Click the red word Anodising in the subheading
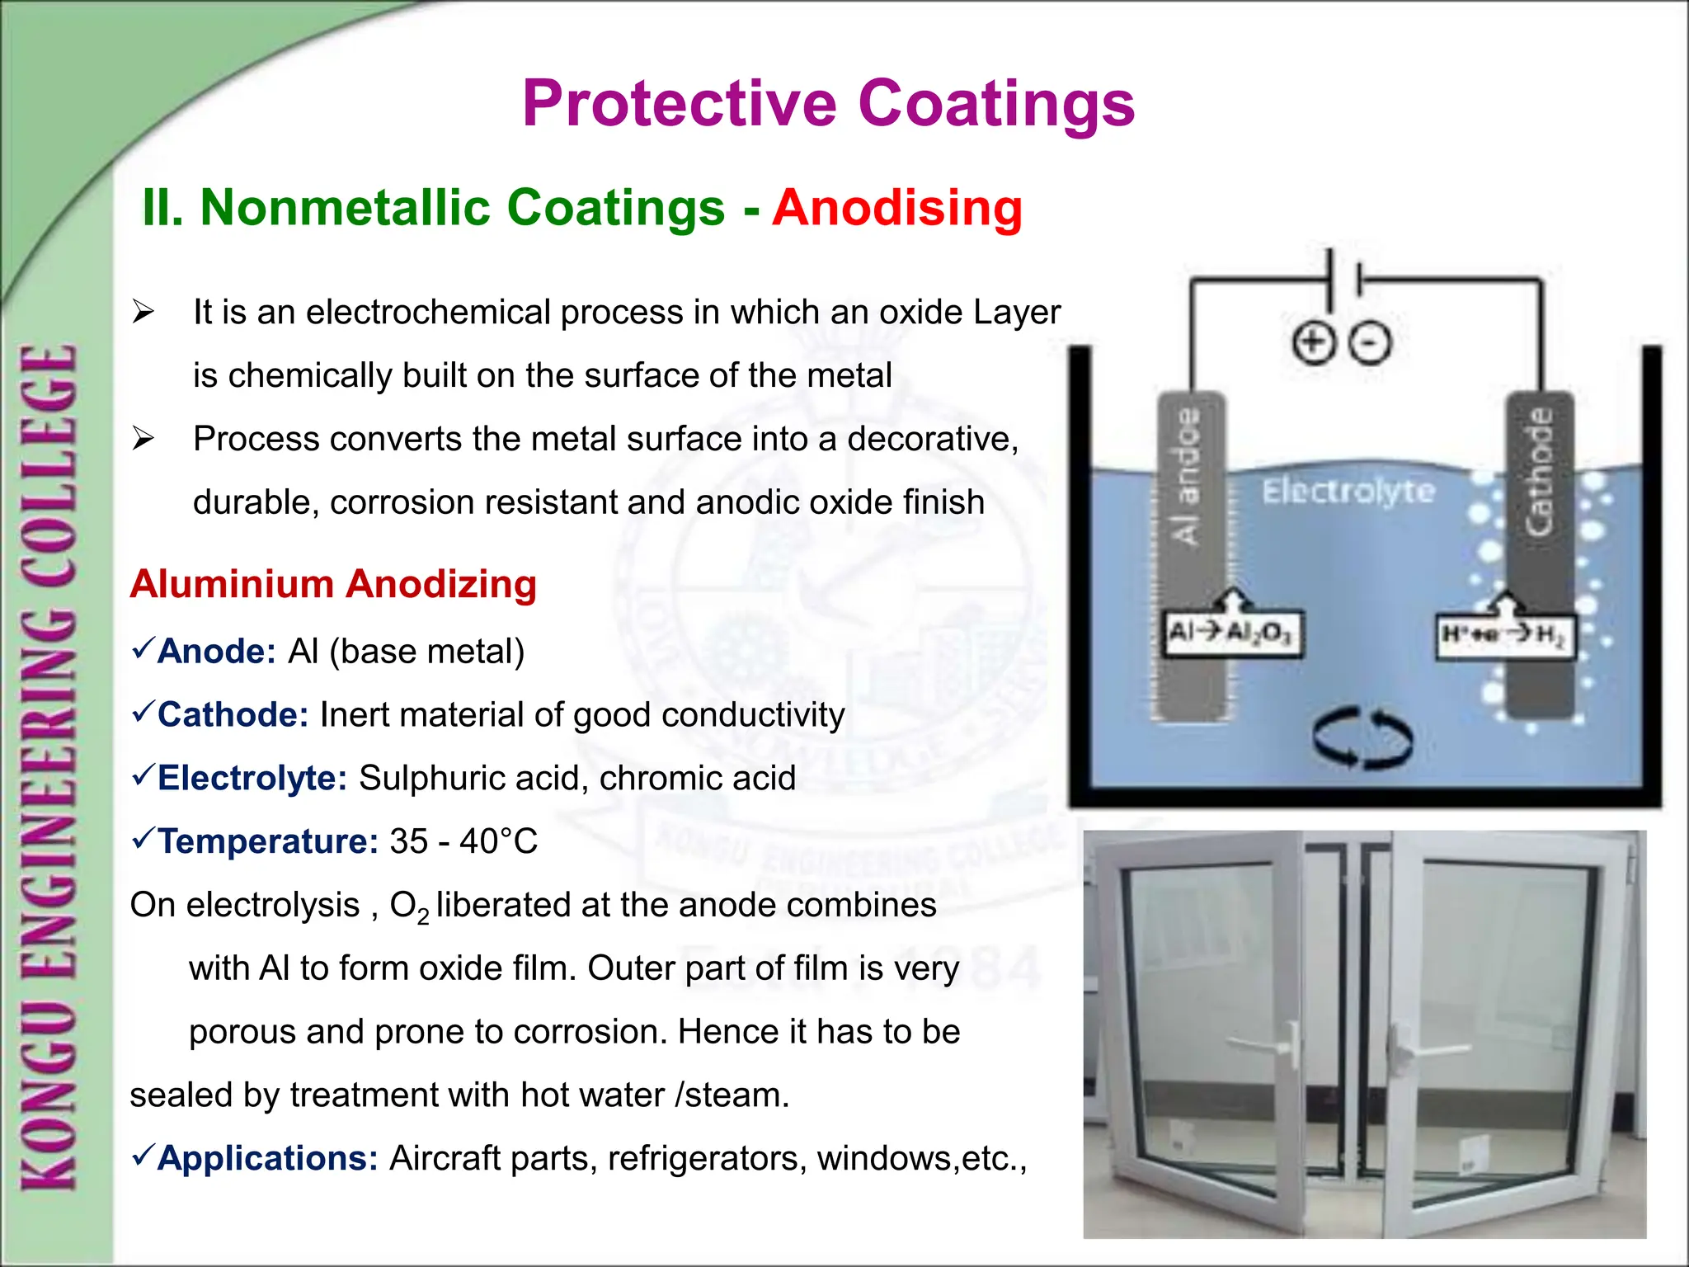[897, 207]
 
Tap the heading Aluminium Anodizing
[333, 584]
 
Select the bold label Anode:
[216, 652]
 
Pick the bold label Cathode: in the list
[233, 715]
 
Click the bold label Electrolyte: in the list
[252, 779]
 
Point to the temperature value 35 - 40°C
[463, 842]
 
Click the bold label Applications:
[267, 1159]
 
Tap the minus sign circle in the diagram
[1370, 343]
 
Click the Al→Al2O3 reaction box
[1232, 633]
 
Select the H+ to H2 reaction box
[1504, 635]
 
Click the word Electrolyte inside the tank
[1348, 492]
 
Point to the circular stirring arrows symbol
[1362, 737]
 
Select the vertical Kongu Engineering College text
[49, 767]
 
